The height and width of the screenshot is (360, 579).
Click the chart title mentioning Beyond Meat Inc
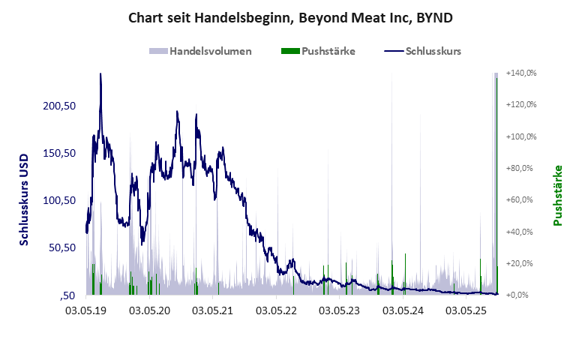(x=289, y=16)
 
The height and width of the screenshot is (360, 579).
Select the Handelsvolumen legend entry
(x=200, y=51)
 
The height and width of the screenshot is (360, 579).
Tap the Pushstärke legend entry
(x=318, y=51)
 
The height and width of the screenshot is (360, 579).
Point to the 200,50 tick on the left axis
(x=60, y=106)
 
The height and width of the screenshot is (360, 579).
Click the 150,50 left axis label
(x=60, y=153)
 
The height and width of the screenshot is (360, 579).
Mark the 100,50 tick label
(x=60, y=200)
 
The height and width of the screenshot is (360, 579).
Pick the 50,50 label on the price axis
(x=62, y=247)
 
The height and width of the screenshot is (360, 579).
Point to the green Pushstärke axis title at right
(x=558, y=195)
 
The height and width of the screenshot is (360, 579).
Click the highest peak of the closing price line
(x=100, y=74)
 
